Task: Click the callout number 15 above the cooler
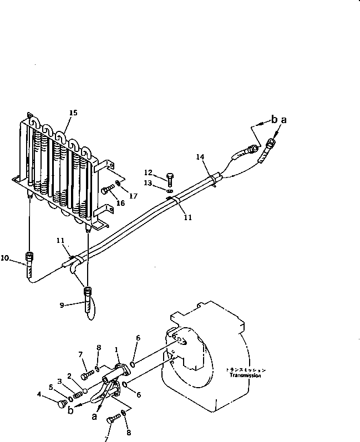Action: pos(73,113)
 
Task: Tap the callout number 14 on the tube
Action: pos(200,158)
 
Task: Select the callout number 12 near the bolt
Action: pos(148,172)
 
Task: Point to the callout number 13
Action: pos(148,182)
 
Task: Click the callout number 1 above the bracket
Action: pos(116,349)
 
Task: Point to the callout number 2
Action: pos(70,375)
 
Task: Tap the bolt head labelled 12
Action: pos(169,177)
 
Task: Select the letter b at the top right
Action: pos(273,119)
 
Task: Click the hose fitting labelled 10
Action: pos(28,258)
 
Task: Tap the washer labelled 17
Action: pos(119,185)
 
